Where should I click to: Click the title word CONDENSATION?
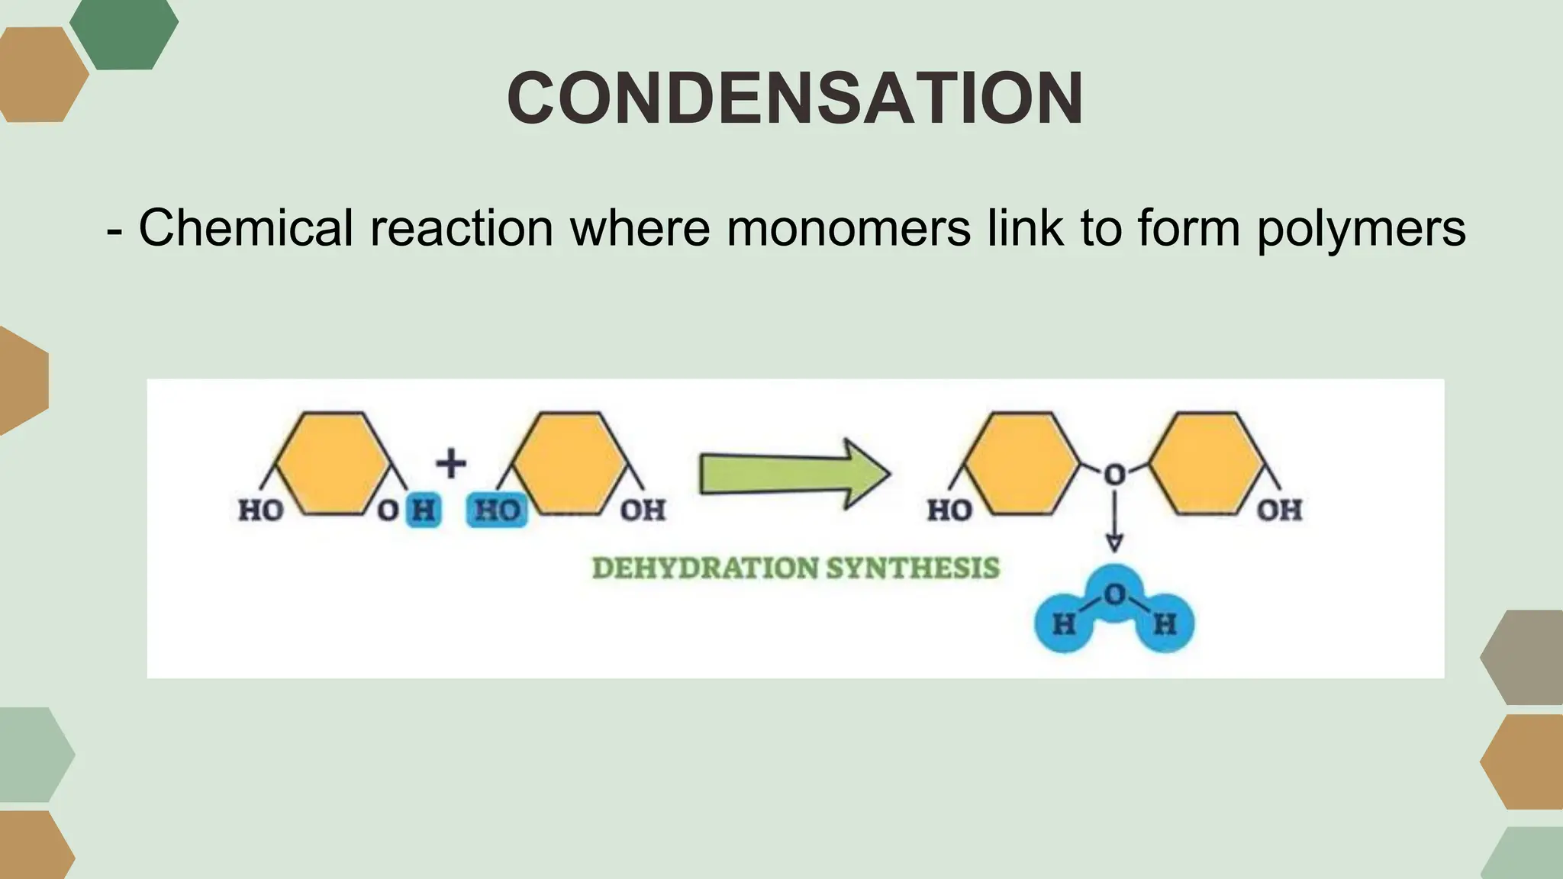tap(794, 99)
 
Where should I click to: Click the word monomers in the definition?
tap(848, 227)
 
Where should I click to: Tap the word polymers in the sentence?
tap(1361, 227)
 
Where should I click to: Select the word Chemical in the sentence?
tap(246, 227)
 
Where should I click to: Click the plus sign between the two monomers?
tap(451, 463)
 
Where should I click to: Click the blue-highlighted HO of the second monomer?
tap(497, 510)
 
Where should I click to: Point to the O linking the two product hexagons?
tap(1114, 475)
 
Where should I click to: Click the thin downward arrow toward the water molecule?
tap(1114, 523)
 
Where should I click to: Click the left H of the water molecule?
tap(1063, 625)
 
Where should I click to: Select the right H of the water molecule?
tap(1165, 625)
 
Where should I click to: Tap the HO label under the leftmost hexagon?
tap(261, 510)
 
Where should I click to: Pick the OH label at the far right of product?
tap(1280, 510)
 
